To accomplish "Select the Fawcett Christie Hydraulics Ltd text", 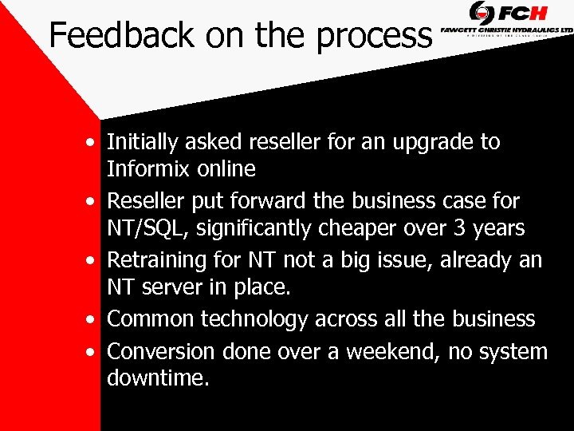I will coord(507,29).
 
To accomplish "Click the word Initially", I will coord(143,143).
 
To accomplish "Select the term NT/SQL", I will coord(149,228).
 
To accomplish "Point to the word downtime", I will coord(158,378).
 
